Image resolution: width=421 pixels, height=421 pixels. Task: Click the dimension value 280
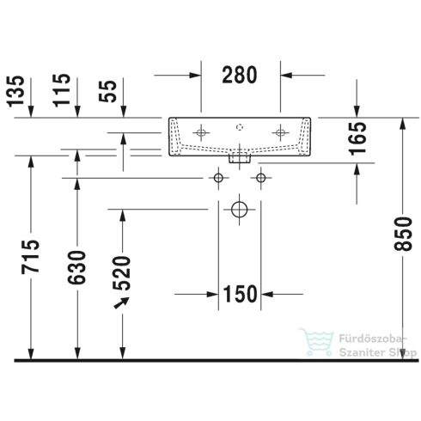tap(240, 75)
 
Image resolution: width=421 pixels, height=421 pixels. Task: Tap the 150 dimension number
tap(240, 294)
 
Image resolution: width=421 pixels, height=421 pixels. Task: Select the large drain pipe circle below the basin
tap(239, 209)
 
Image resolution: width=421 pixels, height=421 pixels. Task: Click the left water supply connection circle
tap(218, 177)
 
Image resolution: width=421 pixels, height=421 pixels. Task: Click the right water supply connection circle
tap(260, 177)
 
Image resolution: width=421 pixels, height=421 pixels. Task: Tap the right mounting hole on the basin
tap(279, 132)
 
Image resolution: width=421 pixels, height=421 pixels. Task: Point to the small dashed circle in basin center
tap(240, 125)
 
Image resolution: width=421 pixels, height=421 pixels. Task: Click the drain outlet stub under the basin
tap(240, 157)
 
